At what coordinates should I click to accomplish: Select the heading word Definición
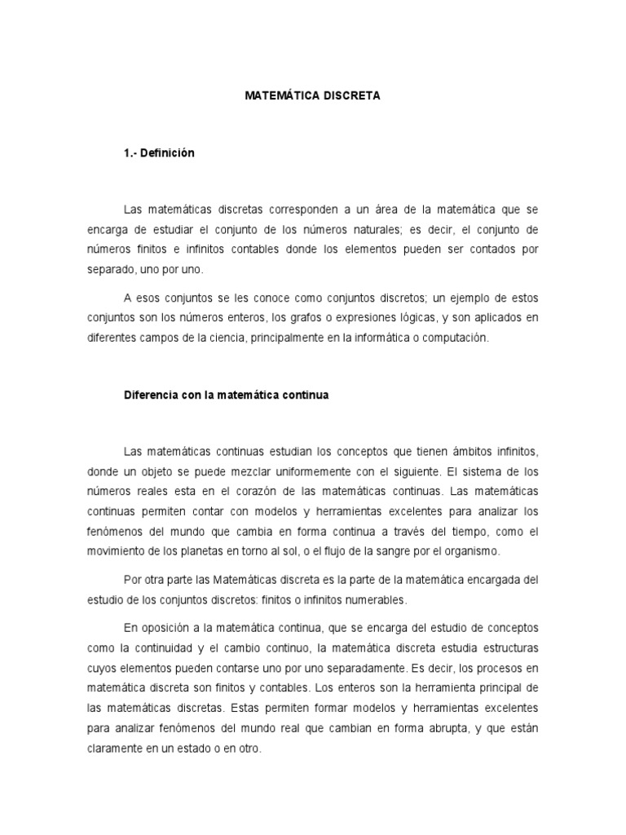[x=169, y=153]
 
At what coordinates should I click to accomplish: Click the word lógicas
[x=423, y=317]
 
